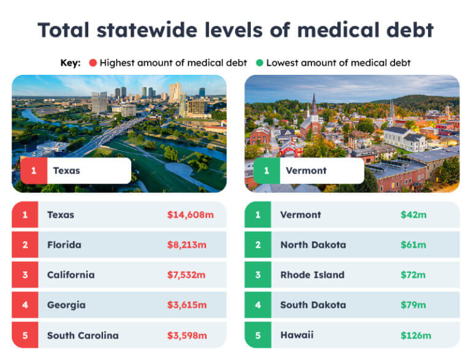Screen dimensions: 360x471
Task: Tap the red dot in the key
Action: coord(93,63)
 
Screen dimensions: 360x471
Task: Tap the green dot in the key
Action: coord(260,63)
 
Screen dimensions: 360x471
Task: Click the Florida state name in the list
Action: coord(64,245)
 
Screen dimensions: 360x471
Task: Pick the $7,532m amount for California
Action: coord(187,275)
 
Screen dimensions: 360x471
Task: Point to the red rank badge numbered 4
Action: coord(25,305)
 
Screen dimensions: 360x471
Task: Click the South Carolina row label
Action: coord(83,335)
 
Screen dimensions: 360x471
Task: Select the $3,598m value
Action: coord(187,335)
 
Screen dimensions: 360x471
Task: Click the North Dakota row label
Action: coord(313,245)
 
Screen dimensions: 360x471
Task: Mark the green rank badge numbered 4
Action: coord(258,305)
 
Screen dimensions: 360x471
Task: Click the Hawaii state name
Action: coord(297,335)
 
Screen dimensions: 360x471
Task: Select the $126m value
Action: coord(416,335)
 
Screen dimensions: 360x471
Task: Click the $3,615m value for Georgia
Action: coord(187,305)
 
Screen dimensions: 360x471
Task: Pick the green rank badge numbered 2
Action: coord(258,245)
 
